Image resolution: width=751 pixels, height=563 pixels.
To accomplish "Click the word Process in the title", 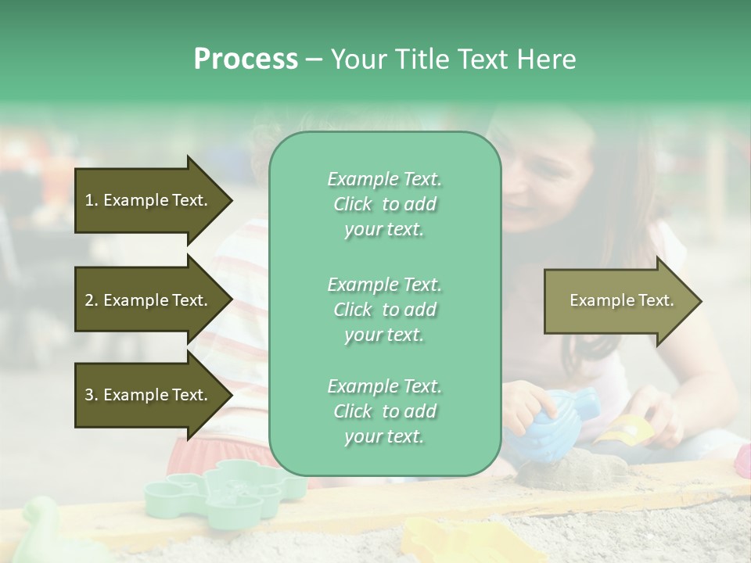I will pos(246,59).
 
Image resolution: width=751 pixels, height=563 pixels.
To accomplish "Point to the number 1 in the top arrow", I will pos(88,200).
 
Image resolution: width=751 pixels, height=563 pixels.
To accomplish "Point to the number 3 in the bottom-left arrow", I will pos(88,395).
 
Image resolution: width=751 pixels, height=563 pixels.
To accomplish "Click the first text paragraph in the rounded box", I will pos(384,204).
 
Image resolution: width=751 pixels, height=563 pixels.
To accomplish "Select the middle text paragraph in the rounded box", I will pos(384,309).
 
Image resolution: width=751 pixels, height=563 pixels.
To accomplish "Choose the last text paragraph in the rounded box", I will pos(384,411).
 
